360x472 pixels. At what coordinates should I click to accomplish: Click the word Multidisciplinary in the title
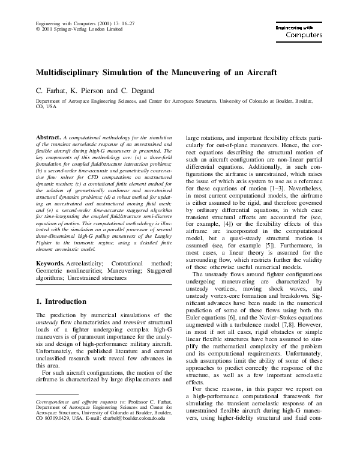(71, 73)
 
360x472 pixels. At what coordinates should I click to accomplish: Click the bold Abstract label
(48, 138)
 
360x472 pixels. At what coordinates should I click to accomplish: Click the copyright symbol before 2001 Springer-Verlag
(38, 28)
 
